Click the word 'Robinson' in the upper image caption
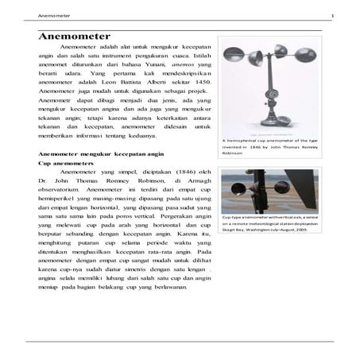tap(234, 153)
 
